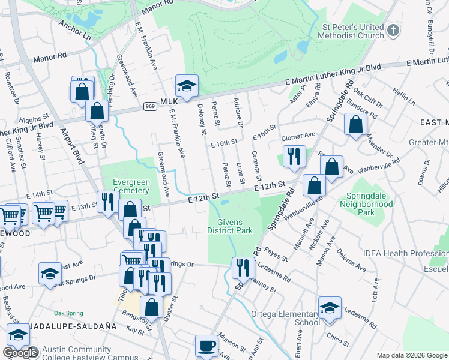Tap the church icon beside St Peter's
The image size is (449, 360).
(393, 29)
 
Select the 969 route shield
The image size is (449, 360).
(150, 106)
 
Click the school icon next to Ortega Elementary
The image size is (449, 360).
(330, 309)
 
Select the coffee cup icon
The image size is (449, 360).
(207, 346)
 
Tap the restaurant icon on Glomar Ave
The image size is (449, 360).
(294, 157)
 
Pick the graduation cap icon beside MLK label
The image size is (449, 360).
(187, 87)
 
